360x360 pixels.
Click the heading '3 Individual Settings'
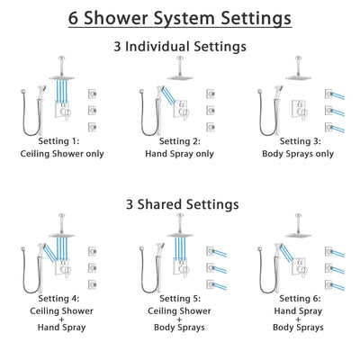point(180,46)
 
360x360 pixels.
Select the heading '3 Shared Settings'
point(180,204)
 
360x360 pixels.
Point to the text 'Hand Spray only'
point(180,154)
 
